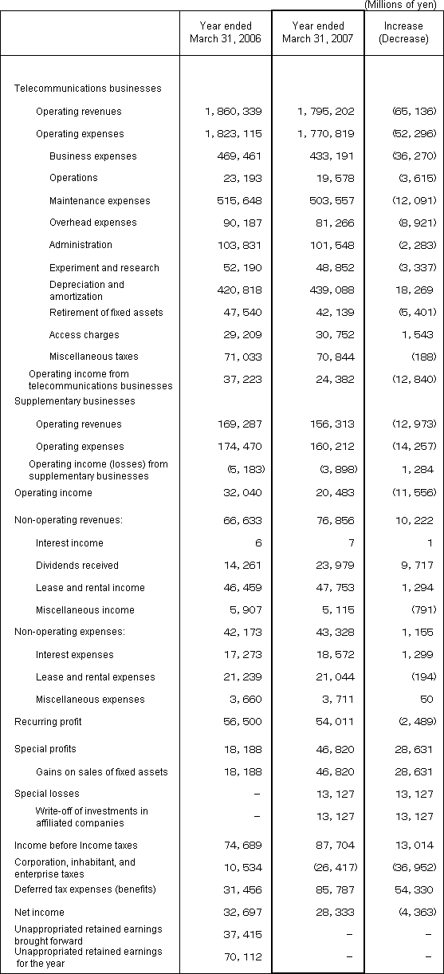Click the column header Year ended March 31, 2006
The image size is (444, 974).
(226, 33)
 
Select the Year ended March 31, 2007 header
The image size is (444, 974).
(317, 33)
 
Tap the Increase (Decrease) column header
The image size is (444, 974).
(403, 33)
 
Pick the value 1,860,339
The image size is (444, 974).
(234, 112)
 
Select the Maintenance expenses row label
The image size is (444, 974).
(99, 201)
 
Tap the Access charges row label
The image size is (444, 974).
(84, 335)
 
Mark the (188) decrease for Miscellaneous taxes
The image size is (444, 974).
(423, 357)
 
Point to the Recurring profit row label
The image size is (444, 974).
(48, 722)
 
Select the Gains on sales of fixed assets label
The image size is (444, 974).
(102, 772)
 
